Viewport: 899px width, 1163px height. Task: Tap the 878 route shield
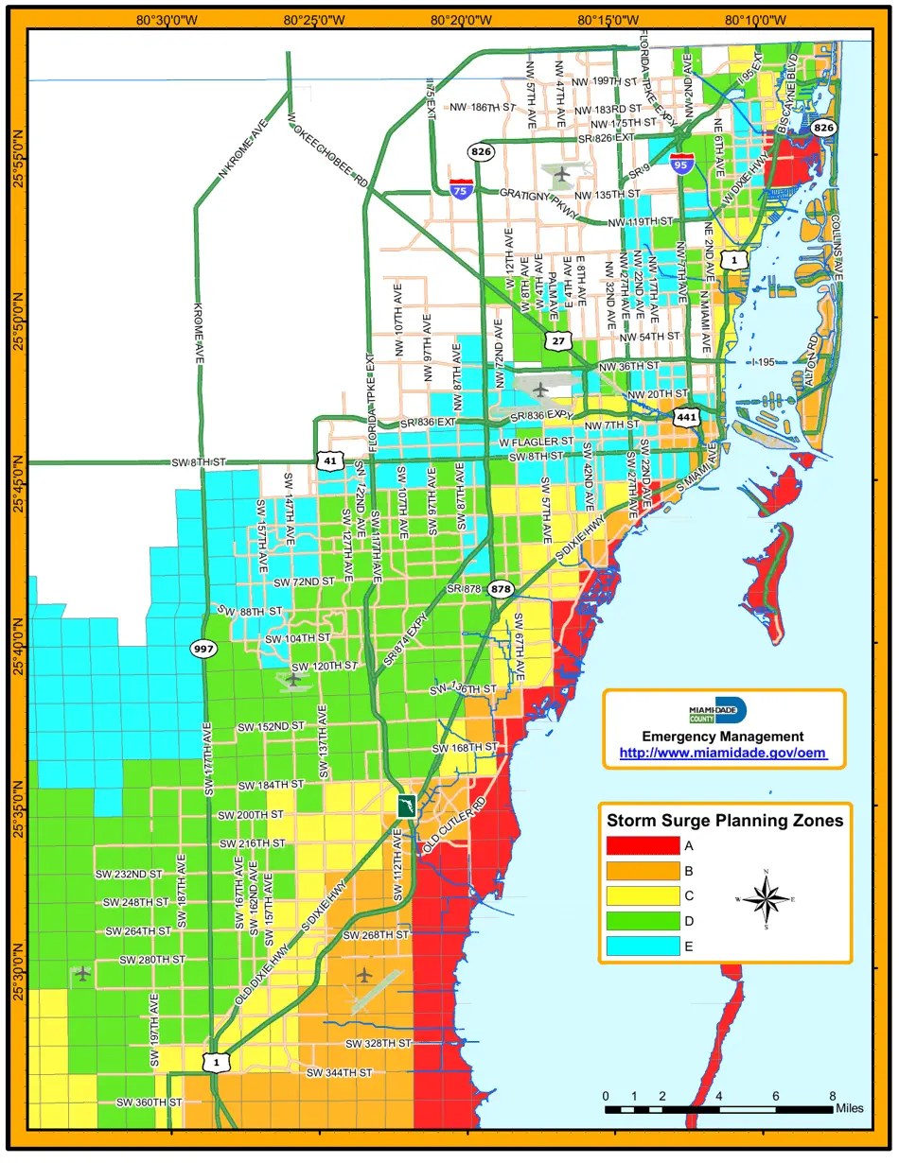pyautogui.click(x=501, y=589)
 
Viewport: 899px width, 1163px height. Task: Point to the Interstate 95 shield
pyautogui.click(x=680, y=165)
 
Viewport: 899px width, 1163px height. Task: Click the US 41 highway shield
pyautogui.click(x=329, y=461)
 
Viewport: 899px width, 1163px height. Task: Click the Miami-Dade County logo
pyautogui.click(x=724, y=711)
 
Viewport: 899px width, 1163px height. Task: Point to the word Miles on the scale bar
pyautogui.click(x=849, y=1108)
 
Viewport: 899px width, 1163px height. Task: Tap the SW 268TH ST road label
pyautogui.click(x=376, y=935)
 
